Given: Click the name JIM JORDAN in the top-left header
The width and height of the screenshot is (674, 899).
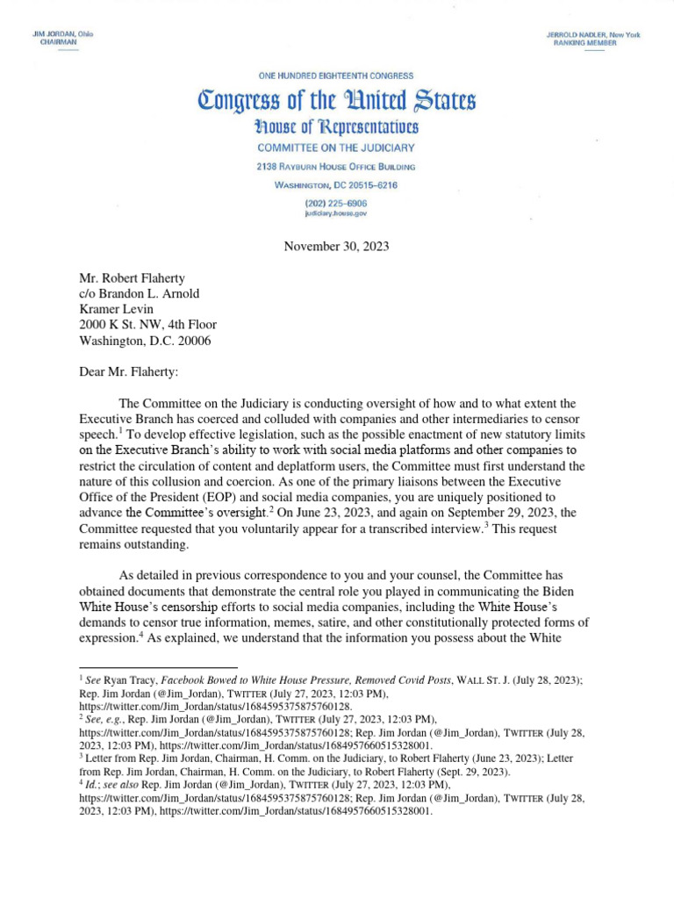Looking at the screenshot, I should click(x=54, y=33).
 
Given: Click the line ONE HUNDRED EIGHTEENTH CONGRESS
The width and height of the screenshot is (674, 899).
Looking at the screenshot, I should click(x=336, y=76).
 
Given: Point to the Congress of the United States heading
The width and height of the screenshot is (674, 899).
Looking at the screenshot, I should click(x=336, y=101).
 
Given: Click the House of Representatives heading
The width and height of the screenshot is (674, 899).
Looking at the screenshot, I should click(x=336, y=127).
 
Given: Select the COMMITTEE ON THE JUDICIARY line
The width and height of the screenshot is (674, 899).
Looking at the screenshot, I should click(x=336, y=148).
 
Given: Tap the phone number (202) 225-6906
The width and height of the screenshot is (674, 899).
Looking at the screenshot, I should click(x=336, y=203).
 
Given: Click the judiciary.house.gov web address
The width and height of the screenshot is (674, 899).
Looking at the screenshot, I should click(x=336, y=213).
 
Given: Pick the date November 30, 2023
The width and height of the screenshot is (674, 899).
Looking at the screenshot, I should click(x=336, y=246).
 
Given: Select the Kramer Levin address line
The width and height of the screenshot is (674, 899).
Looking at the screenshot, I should click(x=117, y=308).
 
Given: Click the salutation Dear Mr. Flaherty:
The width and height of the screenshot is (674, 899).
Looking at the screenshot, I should click(x=128, y=372).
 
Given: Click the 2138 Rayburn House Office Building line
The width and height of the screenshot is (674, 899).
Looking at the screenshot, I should click(x=336, y=167).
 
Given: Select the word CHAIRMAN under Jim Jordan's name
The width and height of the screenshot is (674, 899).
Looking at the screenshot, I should click(x=58, y=42).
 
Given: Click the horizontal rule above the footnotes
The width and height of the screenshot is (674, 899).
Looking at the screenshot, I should click(x=158, y=668).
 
